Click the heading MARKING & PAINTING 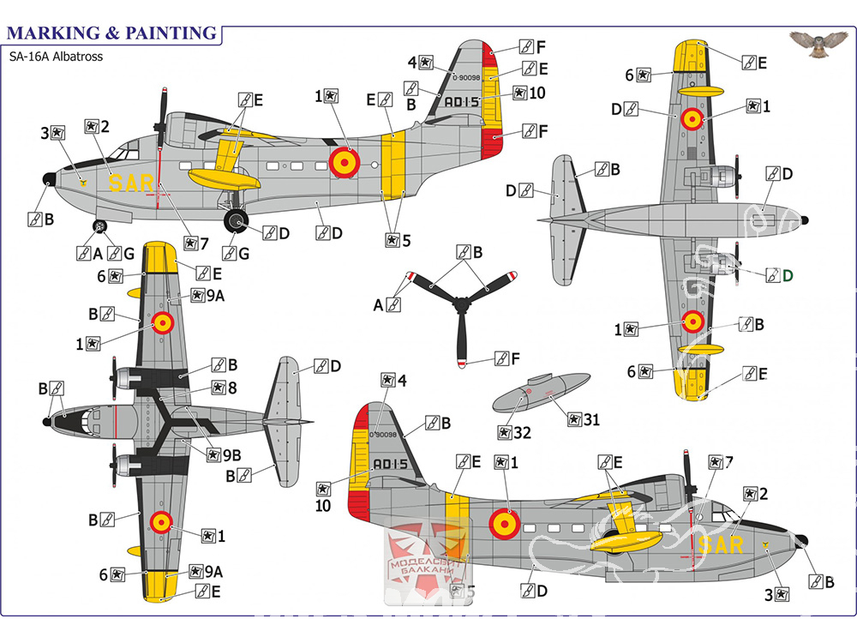click(x=111, y=33)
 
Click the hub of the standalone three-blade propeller click(x=461, y=305)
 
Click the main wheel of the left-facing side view click(x=237, y=221)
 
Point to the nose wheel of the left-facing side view click(x=100, y=227)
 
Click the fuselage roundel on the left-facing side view click(x=345, y=159)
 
